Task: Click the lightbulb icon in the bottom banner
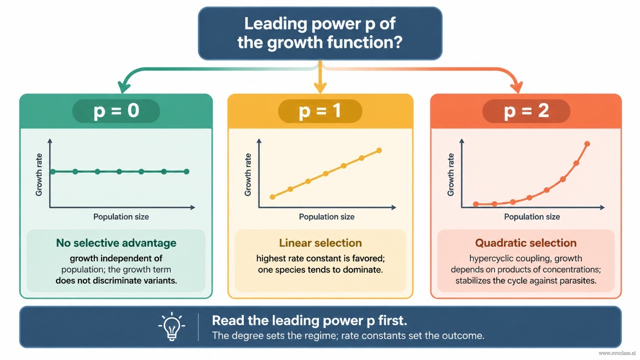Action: tap(172, 327)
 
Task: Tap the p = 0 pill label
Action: tap(116, 111)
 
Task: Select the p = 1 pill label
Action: tap(320, 111)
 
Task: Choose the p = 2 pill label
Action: tap(526, 111)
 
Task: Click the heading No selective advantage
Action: tap(116, 243)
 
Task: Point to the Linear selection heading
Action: tap(320, 243)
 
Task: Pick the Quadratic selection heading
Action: tap(526, 243)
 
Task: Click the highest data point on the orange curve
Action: tap(587, 144)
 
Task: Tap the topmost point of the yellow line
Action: tap(379, 150)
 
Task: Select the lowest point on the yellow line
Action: tap(273, 197)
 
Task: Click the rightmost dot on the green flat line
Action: tap(186, 171)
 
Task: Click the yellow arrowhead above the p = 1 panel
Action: tap(320, 88)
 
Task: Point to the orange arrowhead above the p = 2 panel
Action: tap(517, 87)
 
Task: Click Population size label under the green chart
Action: tap(121, 217)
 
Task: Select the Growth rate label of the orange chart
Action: tap(451, 175)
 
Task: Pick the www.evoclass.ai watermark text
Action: tap(617, 353)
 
